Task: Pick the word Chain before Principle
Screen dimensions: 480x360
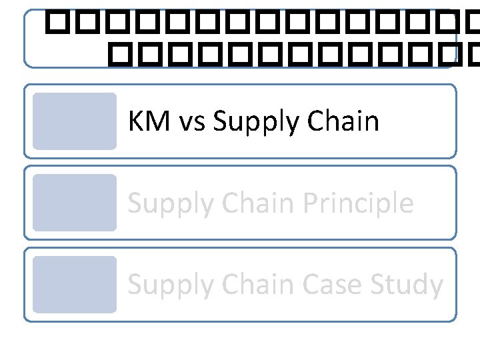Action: coord(255,203)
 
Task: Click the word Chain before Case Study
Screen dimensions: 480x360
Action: coord(255,285)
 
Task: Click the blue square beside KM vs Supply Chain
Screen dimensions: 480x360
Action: coord(74,121)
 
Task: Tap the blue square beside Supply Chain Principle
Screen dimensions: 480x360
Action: coord(74,203)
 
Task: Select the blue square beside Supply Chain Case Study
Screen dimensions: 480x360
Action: coord(74,285)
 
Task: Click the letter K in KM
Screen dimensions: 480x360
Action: coord(135,121)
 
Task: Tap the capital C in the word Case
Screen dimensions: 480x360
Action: coord(310,285)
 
